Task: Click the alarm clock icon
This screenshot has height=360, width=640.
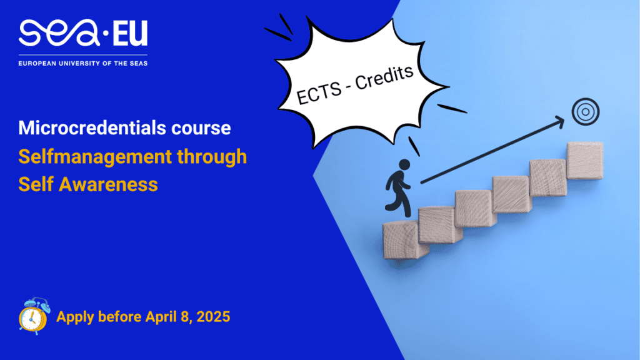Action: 34,316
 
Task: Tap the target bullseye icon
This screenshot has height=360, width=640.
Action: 585,112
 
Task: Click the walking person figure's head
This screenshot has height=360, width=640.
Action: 404,164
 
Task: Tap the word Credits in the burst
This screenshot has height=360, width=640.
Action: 384,77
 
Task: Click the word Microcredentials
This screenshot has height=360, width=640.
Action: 92,127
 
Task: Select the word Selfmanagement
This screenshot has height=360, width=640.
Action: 95,157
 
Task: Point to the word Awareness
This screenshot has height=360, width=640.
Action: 108,184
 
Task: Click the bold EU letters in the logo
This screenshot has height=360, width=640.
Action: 130,34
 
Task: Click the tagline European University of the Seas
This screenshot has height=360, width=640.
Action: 83,63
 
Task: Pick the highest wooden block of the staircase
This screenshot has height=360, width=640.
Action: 585,161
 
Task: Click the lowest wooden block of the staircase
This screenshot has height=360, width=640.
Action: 401,240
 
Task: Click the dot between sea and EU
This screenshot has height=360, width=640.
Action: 106,34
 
